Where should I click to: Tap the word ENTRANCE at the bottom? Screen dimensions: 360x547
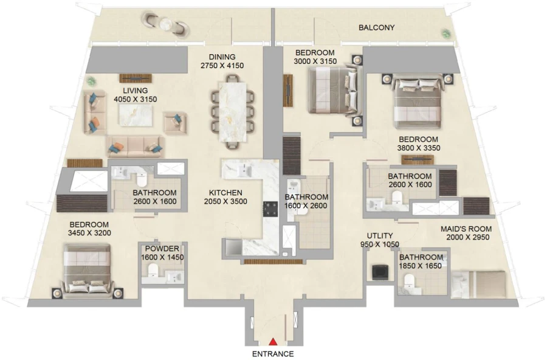273,354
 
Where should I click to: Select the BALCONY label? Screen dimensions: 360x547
376,27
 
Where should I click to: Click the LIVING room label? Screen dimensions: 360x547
136,91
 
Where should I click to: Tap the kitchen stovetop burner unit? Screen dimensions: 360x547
270,209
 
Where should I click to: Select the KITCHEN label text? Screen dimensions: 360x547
225,192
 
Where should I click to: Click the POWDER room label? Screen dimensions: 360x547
162,249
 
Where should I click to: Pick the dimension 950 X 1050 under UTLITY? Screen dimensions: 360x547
380,244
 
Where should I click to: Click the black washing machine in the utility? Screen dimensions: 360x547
380,272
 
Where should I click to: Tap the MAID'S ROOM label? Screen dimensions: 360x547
466,229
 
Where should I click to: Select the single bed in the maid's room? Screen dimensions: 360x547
480,284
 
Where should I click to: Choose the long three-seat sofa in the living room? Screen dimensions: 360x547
135,146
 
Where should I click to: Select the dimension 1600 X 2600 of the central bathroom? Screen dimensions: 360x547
307,206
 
